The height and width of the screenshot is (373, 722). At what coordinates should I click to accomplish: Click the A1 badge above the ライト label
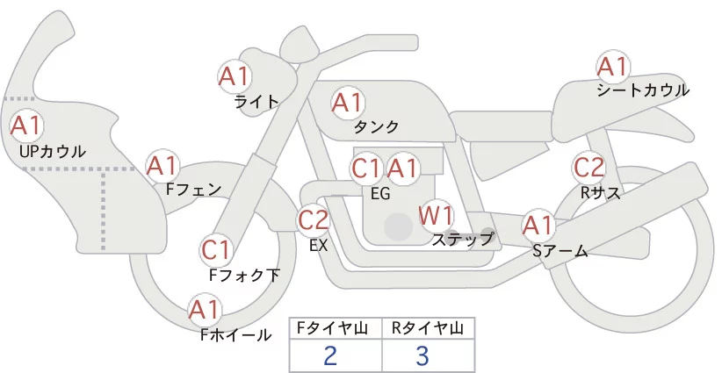235,75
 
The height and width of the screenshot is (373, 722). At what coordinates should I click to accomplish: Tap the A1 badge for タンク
347,103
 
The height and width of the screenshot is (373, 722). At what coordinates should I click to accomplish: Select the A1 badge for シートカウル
613,67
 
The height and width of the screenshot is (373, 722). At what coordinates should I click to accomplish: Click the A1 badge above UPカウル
25,125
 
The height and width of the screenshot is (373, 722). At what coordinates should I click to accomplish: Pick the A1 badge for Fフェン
162,165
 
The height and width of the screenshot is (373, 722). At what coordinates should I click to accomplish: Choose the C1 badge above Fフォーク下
216,250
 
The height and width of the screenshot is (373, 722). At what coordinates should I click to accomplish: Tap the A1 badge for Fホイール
206,310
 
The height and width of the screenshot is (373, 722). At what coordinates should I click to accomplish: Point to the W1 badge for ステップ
436,214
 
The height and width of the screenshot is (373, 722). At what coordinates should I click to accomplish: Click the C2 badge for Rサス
588,167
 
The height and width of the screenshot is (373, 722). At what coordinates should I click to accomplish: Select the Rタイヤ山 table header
428,328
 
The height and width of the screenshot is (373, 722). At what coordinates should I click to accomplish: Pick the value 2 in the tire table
330,355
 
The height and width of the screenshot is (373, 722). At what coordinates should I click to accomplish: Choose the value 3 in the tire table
422,355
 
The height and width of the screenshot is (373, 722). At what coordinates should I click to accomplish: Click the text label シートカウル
643,90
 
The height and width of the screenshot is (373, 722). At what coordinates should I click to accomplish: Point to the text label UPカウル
53,151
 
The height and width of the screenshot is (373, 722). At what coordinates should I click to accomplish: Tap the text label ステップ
463,238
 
